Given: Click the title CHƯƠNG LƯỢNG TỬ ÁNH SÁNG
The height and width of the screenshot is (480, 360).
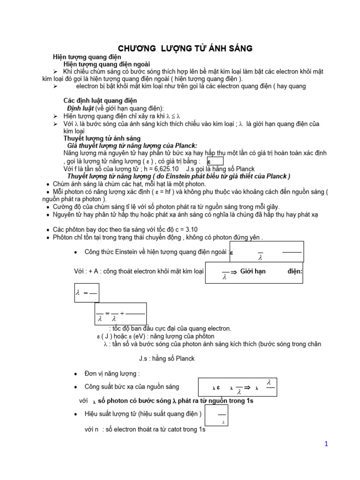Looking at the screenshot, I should tap(185, 48).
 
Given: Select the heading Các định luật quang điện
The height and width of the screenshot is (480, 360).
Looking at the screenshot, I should tap(100, 100).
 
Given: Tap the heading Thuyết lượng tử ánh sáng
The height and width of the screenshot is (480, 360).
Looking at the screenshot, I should tap(102, 138).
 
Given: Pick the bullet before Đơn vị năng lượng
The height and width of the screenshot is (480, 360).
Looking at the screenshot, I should tap(76, 374).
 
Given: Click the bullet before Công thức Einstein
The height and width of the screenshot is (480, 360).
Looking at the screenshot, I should tap(76, 252).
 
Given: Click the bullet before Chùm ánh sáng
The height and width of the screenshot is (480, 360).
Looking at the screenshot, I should tap(49, 184).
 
